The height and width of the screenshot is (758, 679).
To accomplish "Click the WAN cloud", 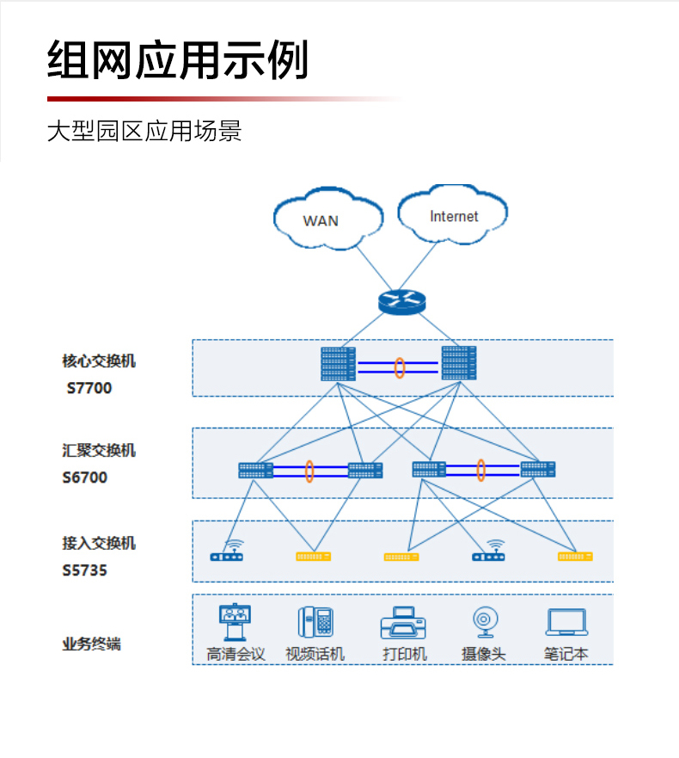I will (x=327, y=219).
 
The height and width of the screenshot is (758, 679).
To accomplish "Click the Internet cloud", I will (x=452, y=215).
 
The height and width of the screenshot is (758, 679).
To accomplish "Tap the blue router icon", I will (x=401, y=301).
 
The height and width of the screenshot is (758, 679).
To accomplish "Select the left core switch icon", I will (x=339, y=364).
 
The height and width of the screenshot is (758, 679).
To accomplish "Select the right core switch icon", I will (x=458, y=364).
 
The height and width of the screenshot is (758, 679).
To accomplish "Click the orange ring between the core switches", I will (x=400, y=367).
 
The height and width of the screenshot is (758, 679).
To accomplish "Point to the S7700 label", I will (x=89, y=388).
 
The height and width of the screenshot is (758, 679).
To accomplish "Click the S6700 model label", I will (x=85, y=478).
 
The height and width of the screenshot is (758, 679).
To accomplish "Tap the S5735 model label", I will (x=85, y=570).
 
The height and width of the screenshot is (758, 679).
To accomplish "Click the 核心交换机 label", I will (x=99, y=361).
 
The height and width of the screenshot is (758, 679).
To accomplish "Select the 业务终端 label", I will (x=91, y=644).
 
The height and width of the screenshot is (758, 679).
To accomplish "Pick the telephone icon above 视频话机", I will (x=315, y=622).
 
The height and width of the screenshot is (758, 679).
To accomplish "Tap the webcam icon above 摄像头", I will (x=484, y=622).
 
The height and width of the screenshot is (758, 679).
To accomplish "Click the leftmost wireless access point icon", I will (x=227, y=552).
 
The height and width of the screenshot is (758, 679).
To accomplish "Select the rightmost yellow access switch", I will (x=575, y=557).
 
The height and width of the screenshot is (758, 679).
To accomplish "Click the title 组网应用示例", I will (x=177, y=60).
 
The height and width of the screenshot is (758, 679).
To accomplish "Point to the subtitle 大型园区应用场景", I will (x=144, y=132).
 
